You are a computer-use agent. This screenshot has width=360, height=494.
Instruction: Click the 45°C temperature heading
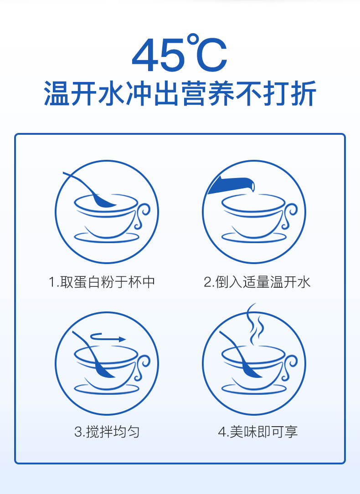(180, 54)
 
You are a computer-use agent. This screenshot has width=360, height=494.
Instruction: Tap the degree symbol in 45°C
(193, 40)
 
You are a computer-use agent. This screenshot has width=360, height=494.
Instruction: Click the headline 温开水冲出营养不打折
(180, 93)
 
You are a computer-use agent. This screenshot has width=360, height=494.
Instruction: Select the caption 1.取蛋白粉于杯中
(102, 282)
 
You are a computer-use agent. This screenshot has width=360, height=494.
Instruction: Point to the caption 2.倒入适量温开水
(257, 282)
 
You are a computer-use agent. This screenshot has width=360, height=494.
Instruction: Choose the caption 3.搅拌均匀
(107, 432)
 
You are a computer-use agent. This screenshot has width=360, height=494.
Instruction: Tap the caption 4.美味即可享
(258, 432)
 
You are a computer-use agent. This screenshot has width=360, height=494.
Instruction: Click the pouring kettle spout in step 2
(231, 185)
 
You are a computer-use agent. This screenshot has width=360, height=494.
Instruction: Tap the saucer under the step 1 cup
(107, 238)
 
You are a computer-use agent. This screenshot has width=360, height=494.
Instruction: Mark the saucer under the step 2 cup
(254, 238)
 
